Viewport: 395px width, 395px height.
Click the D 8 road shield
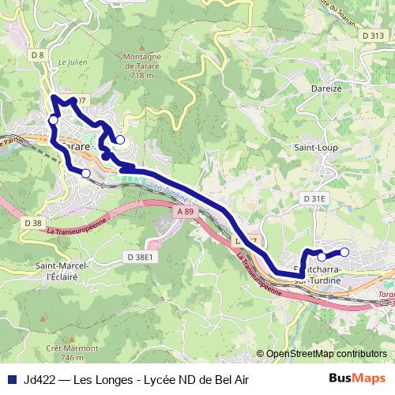[37, 55]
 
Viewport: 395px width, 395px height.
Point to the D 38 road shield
[32, 224]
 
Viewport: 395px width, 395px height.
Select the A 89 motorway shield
[186, 213]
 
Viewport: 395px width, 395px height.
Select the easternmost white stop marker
[344, 253]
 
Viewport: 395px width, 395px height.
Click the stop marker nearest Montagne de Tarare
[120, 140]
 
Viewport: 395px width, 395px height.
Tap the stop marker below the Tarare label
[85, 173]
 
